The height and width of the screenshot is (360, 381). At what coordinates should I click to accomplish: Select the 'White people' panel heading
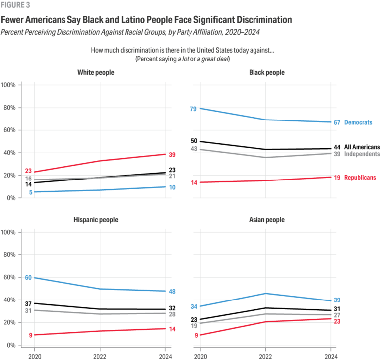pos(96,72)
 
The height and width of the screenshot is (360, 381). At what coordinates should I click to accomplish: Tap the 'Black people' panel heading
pos(266,72)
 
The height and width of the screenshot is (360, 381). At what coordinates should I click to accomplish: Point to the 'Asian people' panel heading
pos(266,220)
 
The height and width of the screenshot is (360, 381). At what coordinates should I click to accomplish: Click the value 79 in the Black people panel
pos(194,108)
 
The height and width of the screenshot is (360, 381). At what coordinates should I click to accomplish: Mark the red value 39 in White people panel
pos(173,155)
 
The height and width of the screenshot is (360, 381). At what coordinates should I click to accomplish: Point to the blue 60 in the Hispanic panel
pos(28,277)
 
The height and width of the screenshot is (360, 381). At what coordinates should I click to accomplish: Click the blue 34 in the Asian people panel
pos(194,306)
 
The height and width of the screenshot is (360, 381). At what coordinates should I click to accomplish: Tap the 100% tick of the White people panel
pos(11,85)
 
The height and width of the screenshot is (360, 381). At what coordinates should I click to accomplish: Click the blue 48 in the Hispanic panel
pos(173,292)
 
